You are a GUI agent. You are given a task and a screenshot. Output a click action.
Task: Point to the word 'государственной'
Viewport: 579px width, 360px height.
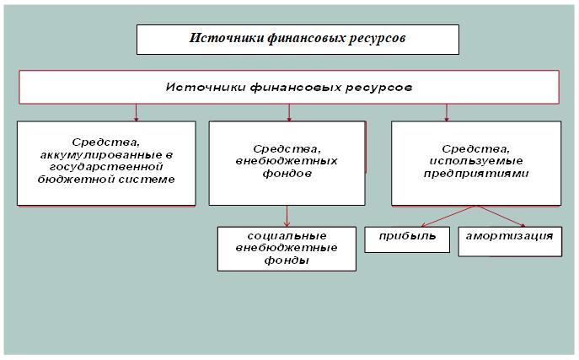click(x=106, y=167)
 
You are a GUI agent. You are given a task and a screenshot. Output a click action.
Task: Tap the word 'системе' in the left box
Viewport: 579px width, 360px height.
click(x=149, y=180)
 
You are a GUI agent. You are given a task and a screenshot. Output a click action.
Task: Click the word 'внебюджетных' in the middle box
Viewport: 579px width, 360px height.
click(x=287, y=161)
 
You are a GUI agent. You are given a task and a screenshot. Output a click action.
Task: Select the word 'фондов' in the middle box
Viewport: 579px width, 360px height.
click(x=287, y=174)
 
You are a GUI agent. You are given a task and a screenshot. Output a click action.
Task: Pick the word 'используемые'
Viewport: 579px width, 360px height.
click(x=476, y=161)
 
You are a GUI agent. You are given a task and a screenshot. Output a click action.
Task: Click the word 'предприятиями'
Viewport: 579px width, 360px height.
click(x=476, y=174)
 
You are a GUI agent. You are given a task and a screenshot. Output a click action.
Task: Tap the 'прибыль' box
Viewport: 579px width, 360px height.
click(x=407, y=239)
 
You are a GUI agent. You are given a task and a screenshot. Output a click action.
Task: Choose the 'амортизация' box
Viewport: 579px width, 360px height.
click(x=510, y=241)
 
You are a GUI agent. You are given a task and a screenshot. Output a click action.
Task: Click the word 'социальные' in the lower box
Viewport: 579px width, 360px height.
click(x=287, y=236)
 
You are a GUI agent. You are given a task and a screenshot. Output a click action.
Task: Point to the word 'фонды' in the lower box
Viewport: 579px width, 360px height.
click(x=287, y=261)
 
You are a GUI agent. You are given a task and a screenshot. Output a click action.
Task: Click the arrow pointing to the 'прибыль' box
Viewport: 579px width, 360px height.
click(x=448, y=216)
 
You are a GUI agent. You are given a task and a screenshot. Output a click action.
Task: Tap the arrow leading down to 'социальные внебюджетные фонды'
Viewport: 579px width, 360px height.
click(x=287, y=216)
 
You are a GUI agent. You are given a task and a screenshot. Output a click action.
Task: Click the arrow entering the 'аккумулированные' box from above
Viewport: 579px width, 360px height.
click(x=136, y=113)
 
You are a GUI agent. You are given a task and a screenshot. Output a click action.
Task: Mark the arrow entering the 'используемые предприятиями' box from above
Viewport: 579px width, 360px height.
click(x=447, y=113)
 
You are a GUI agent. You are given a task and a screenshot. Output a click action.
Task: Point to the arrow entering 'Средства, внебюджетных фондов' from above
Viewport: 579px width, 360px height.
click(x=289, y=113)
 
